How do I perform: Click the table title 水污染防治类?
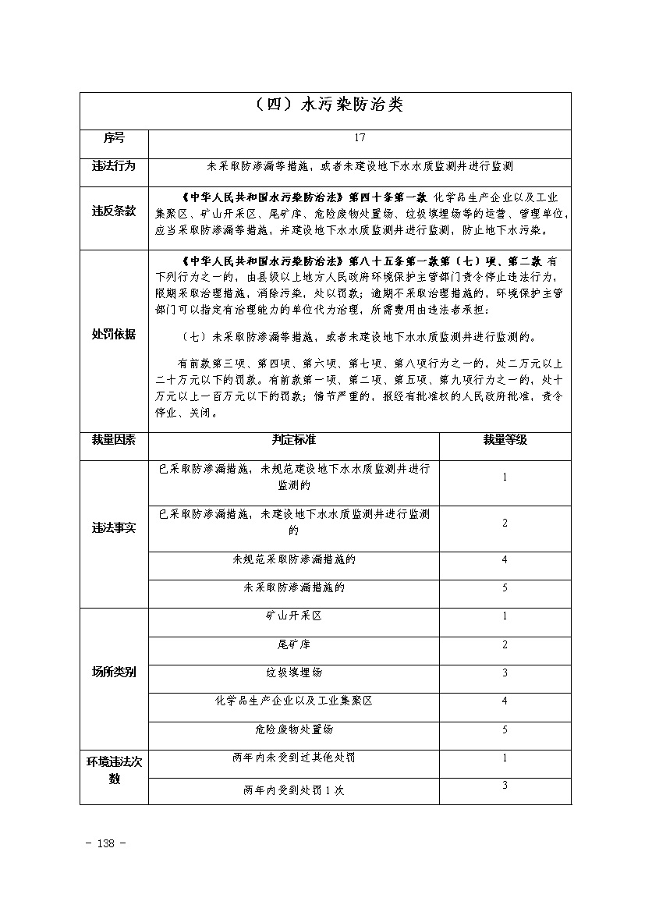point(325,105)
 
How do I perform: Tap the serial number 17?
point(360,138)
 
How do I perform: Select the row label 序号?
point(114,138)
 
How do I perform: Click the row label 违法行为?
point(114,166)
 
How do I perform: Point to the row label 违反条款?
point(114,211)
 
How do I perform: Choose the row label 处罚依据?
point(114,334)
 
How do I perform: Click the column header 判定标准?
point(293,439)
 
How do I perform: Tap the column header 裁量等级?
point(505,439)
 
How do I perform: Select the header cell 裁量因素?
point(114,439)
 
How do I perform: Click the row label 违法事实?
point(114,527)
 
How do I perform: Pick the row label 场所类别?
point(114,672)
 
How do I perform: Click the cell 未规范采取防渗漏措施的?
point(293,559)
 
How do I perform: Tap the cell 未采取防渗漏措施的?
point(293,587)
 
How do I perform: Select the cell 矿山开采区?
point(293,616)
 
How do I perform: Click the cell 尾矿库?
point(293,644)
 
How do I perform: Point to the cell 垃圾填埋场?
point(293,672)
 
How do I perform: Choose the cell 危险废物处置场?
point(293,729)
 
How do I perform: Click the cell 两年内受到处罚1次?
point(293,790)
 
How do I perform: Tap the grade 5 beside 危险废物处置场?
point(505,729)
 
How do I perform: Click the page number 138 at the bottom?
point(108,843)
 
